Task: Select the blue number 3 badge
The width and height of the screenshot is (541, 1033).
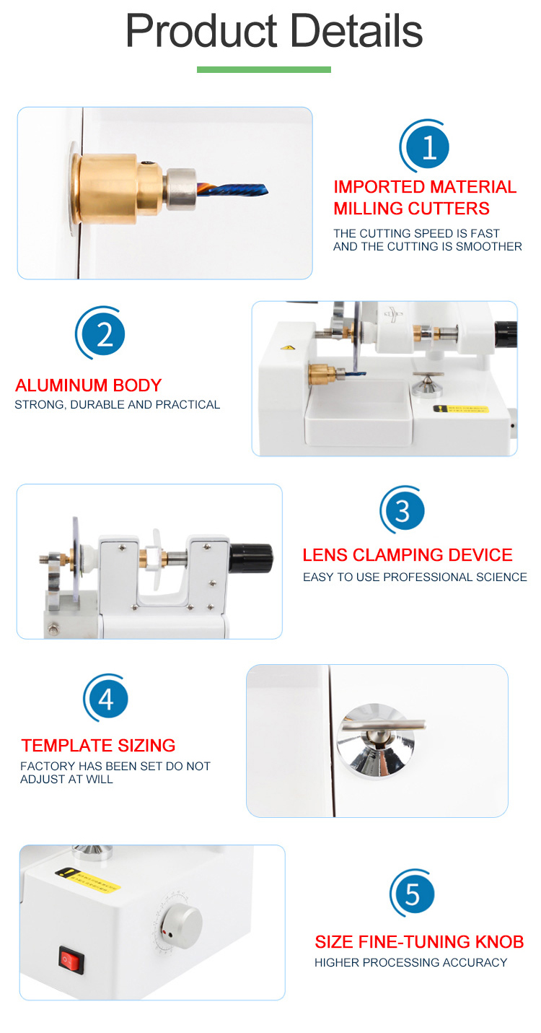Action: tap(403, 511)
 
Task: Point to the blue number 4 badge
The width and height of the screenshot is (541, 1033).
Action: tap(106, 699)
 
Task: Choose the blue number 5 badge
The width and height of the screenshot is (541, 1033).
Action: tap(412, 894)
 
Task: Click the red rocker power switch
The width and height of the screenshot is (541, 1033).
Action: tap(71, 960)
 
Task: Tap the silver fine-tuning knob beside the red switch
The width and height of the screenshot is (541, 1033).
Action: tap(182, 926)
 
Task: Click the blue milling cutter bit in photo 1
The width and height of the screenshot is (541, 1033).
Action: tap(233, 190)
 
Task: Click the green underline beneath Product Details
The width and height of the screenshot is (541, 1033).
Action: tap(263, 69)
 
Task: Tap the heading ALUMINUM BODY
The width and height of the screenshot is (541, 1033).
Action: tap(89, 385)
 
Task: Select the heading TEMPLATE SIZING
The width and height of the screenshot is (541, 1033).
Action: tap(98, 745)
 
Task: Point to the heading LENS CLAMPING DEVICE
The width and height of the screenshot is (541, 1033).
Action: tap(408, 555)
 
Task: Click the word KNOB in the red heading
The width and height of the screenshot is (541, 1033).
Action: tap(500, 942)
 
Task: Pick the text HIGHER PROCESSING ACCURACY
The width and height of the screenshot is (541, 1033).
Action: tap(410, 962)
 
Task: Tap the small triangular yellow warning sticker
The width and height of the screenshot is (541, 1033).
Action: tap(288, 347)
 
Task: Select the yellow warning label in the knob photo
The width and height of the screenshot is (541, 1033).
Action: tap(87, 880)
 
